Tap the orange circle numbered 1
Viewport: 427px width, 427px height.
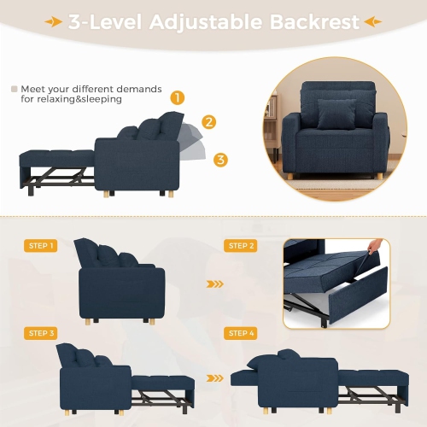click(x=178, y=98)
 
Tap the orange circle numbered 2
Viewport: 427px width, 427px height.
click(x=209, y=122)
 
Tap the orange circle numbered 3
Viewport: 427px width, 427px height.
click(x=221, y=159)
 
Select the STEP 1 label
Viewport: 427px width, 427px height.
click(x=41, y=246)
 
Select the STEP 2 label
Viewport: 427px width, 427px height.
click(x=242, y=246)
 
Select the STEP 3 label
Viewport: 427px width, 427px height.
click(x=41, y=333)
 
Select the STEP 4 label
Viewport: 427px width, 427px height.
click(x=242, y=333)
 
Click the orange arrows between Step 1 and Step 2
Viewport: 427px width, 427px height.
click(x=216, y=285)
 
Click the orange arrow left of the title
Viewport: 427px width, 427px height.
click(x=54, y=21)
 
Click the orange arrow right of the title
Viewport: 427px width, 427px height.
click(x=372, y=21)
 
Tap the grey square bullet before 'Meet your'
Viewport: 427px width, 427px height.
click(x=14, y=88)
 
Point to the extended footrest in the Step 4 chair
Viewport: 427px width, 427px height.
click(x=375, y=375)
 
